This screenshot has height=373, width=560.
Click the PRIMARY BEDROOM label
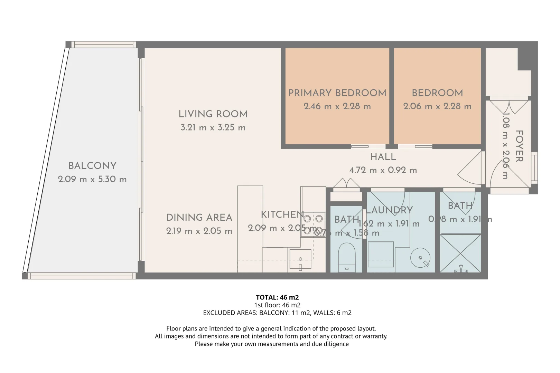(337, 93)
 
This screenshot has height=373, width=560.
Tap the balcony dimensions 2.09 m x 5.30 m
(92, 179)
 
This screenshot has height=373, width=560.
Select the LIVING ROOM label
(213, 114)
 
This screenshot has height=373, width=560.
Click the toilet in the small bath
(346, 257)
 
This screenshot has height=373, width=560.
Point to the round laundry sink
(420, 258)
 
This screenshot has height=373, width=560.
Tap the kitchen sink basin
(300, 259)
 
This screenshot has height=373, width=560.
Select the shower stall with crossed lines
(460, 253)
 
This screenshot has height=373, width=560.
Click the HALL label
(383, 157)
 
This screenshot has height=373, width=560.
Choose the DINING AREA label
(199, 218)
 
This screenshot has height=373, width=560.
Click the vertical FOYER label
(519, 146)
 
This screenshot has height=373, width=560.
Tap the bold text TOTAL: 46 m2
(277, 297)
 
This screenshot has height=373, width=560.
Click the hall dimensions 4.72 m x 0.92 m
(383, 170)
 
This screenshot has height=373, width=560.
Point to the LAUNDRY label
(390, 210)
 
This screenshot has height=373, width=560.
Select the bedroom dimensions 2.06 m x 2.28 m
(437, 106)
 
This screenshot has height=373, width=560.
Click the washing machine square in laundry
(381, 254)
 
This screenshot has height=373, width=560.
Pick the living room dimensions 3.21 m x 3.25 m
(213, 127)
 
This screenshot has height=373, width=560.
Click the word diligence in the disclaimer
(336, 344)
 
